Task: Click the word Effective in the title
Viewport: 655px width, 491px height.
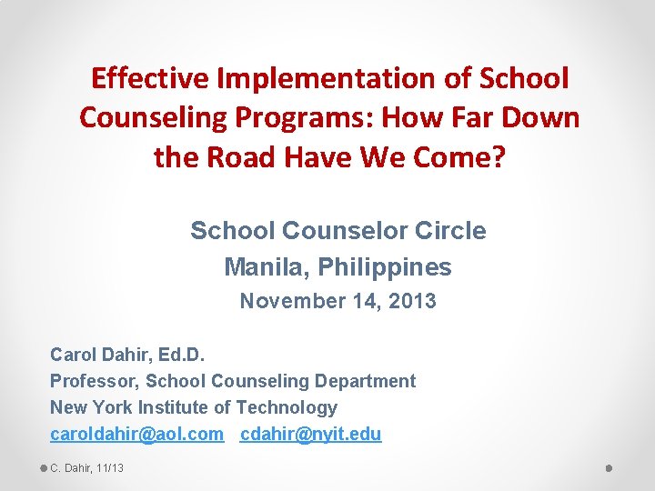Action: tap(149, 79)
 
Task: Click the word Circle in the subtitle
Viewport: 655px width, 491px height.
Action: tap(450, 231)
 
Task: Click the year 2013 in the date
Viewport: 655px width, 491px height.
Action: tap(412, 301)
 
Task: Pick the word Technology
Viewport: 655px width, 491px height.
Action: tap(287, 407)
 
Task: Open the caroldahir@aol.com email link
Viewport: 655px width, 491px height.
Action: tap(136, 434)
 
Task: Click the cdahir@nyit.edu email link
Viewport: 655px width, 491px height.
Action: tap(311, 434)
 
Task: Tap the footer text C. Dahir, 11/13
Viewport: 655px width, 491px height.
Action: tap(87, 468)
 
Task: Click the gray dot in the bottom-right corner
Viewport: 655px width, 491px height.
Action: tap(610, 468)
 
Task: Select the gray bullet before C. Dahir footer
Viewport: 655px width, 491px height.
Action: tap(43, 468)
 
